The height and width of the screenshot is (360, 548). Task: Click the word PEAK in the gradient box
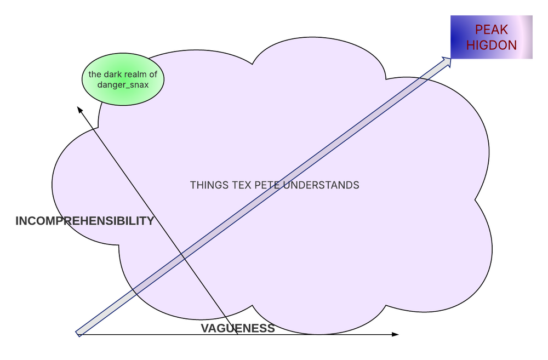(491, 30)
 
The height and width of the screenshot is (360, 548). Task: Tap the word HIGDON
(491, 45)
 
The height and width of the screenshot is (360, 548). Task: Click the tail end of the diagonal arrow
(78, 333)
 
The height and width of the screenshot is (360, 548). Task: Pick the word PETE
(267, 185)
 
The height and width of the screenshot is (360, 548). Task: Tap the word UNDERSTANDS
(321, 185)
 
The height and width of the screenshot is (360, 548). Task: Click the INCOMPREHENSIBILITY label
(84, 221)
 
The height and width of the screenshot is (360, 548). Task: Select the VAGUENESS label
(237, 329)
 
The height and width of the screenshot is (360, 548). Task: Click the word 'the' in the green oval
(95, 75)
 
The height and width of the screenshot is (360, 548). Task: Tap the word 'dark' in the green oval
(115, 75)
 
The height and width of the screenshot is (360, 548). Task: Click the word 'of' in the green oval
(153, 75)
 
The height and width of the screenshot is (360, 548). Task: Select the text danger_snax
(123, 85)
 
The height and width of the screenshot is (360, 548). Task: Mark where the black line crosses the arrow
(183, 256)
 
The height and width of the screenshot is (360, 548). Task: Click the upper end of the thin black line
(94, 129)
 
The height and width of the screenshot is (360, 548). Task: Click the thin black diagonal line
(137, 191)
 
